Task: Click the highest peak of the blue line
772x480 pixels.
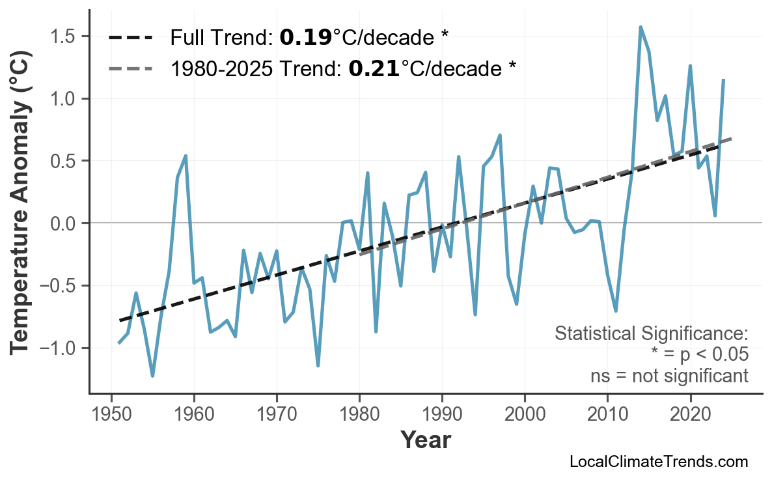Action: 641,27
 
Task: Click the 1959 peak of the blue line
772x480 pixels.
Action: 186,156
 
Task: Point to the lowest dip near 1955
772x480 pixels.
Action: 152,376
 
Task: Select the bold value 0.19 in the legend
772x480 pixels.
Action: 305,38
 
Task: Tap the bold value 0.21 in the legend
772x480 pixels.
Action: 374,68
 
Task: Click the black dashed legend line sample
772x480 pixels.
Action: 130,38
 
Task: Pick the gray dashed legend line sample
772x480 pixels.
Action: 130,68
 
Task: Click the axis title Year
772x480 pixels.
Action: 425,440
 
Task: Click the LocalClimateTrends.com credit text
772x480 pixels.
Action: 658,462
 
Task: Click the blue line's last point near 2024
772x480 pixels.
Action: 723,79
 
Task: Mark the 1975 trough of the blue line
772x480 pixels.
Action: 318,365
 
